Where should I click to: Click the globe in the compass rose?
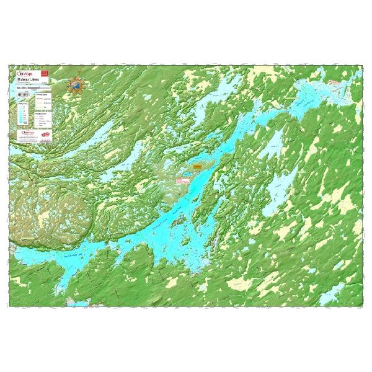pyautogui.click(x=76, y=84)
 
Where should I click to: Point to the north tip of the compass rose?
pyautogui.click(x=76, y=73)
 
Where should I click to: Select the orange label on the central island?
pyautogui.click(x=197, y=167)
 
